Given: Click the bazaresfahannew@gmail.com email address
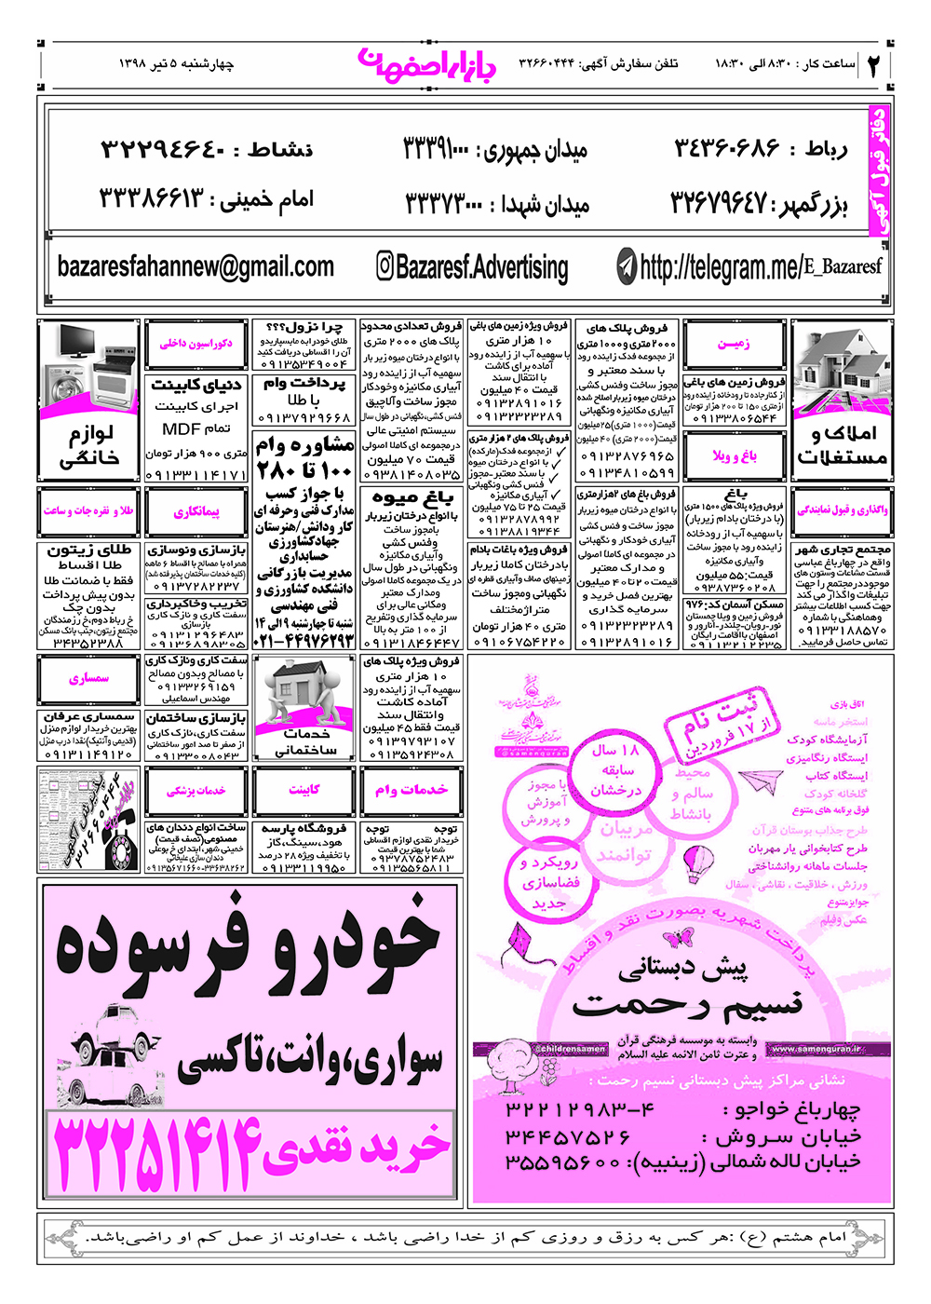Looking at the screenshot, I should [196, 267].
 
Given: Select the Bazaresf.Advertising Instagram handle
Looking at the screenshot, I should [481, 268].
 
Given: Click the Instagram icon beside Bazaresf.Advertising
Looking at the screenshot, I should [385, 266].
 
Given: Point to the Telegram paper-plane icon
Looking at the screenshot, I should [627, 268].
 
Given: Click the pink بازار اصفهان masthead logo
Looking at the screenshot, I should [427, 62].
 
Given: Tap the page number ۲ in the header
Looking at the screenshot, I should [875, 64].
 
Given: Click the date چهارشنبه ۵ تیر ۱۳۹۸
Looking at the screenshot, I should [177, 64].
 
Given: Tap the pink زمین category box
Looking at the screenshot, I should [734, 344].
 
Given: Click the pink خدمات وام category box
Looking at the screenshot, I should [411, 790].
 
